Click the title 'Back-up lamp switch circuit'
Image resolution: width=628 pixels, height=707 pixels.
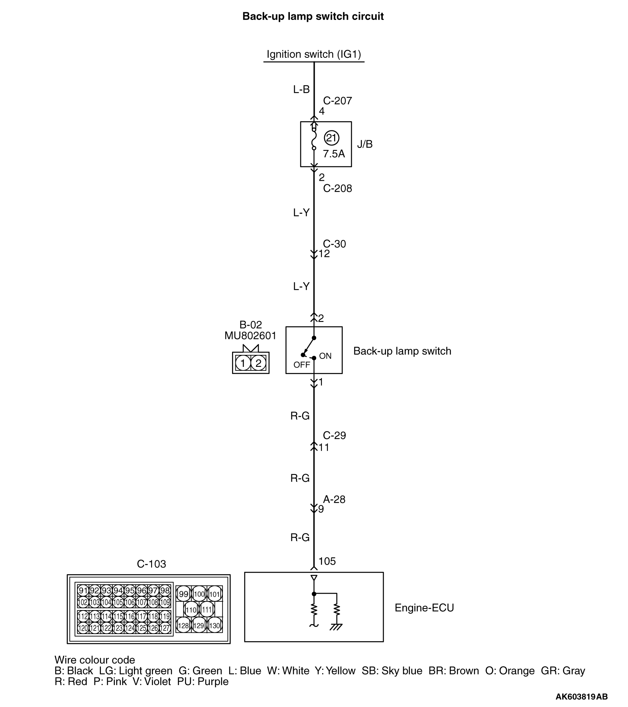pos(313,17)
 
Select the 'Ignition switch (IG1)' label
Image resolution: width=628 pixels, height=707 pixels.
pos(314,54)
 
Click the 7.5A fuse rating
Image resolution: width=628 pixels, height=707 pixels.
pos(334,154)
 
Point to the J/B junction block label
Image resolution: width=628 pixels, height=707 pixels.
pos(365,144)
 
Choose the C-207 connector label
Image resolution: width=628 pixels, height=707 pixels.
pos(338,101)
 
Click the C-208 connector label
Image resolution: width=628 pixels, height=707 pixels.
pos(338,188)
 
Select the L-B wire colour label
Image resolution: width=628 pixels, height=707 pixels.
pos(301,89)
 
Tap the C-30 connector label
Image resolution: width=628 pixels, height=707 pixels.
pos(335,244)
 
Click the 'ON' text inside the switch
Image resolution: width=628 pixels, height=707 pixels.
pos(325,356)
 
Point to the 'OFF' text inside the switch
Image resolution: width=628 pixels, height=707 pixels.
pos(302,365)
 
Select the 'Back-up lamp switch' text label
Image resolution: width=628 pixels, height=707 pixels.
pos(402,351)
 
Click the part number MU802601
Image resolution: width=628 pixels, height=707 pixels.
pos(250,336)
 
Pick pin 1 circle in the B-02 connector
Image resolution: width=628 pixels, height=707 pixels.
pos(243,363)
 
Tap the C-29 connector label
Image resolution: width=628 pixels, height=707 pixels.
pos(335,435)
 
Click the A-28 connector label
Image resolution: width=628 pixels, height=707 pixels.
pos(334,499)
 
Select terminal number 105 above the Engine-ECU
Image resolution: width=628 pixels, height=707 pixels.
pos(327,561)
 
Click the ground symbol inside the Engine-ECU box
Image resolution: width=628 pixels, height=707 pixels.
pos(337,627)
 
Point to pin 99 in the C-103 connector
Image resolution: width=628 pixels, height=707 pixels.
pos(183,594)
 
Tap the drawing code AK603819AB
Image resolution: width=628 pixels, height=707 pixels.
pos(582,697)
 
